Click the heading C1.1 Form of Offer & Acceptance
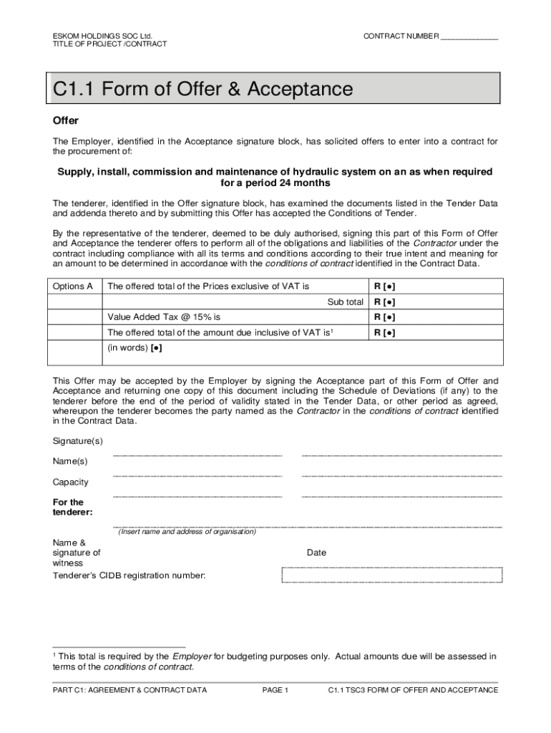[203, 89]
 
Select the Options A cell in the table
[73, 286]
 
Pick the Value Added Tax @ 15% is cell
[165, 316]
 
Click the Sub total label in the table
[345, 302]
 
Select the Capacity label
[70, 482]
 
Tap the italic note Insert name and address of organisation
[187, 532]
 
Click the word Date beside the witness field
[316, 553]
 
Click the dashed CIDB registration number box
[391, 575]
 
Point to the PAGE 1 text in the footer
[275, 690]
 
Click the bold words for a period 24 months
[275, 183]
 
